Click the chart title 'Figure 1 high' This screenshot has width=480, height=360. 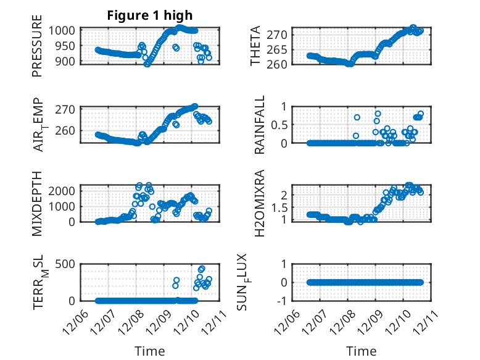tap(150, 15)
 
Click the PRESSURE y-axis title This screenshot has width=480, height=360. tap(38, 49)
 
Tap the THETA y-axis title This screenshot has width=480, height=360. tap(255, 46)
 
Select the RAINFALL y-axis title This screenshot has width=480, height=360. tap(260, 125)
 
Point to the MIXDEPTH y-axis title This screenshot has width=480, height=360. tap(38, 204)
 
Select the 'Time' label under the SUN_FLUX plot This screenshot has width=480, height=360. tap(362, 351)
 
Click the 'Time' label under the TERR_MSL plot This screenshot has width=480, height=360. tap(150, 351)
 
